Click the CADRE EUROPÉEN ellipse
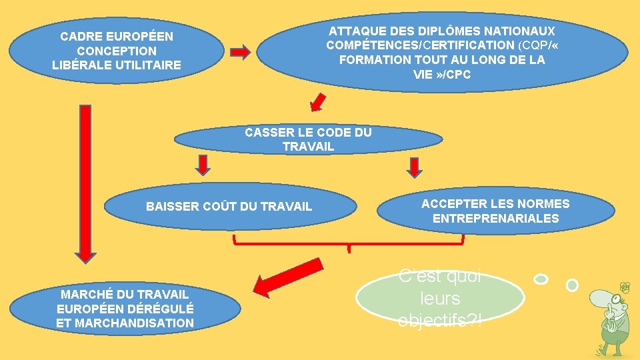pos(116,51)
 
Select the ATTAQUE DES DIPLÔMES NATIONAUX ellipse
pos(442,53)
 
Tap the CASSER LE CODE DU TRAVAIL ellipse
pos(308,139)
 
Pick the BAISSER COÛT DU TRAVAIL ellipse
pos(229,206)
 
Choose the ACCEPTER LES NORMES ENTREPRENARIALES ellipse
pos(495,211)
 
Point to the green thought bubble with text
pos(440,299)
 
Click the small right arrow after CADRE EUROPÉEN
pos(240,52)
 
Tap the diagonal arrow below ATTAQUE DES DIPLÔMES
pos(319,102)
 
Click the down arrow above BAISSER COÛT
pos(203,165)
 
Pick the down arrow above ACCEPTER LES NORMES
pos(415,167)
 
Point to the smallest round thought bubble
pos(571,285)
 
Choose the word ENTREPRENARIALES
pos(495,219)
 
